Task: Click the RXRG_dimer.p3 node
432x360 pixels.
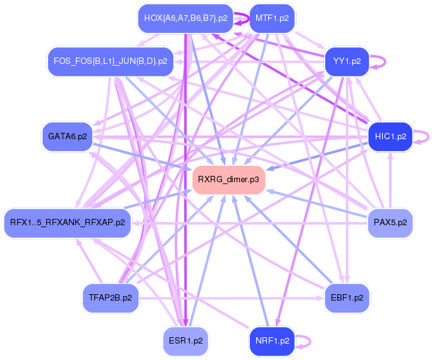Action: click(228, 180)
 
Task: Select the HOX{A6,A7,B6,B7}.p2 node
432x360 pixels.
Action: click(185, 18)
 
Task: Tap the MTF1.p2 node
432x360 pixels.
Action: click(272, 18)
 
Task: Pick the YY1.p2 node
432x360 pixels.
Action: click(347, 61)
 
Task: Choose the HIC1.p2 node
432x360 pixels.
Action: click(390, 136)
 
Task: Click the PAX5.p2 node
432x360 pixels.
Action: click(390, 223)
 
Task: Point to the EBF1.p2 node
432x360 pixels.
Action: click(347, 297)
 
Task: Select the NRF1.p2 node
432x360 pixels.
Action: click(272, 340)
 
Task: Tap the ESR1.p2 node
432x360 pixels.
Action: click(185, 340)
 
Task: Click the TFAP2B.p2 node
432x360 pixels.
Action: click(110, 297)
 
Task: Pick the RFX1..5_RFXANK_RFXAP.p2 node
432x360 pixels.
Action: click(67, 223)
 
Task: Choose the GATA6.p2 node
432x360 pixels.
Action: click(67, 136)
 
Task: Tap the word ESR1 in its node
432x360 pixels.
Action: click(180, 340)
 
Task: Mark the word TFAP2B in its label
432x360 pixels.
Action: click(103, 297)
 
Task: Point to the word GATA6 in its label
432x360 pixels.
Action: click(62, 136)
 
